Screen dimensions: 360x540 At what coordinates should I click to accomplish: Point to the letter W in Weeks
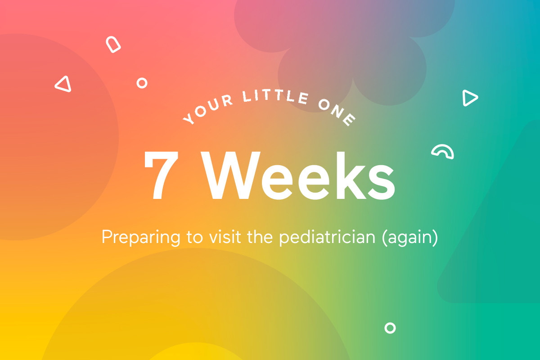[x=234, y=176]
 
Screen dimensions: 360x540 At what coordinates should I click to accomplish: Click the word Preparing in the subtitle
[x=137, y=237]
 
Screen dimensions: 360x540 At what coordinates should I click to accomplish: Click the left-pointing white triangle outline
[x=64, y=84]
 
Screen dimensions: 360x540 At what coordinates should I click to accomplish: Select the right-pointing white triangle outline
[x=469, y=98]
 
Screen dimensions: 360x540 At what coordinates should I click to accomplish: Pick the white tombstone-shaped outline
[x=113, y=45]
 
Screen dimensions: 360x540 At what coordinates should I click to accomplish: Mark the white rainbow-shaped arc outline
[x=443, y=152]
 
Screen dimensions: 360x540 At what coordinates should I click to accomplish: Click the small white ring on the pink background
[x=142, y=83]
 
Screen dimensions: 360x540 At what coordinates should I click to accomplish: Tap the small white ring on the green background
[x=390, y=328]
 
